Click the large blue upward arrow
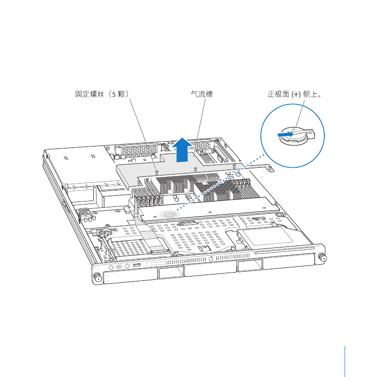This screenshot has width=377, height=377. (x=182, y=150)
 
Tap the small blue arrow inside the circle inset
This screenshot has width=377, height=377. (x=285, y=134)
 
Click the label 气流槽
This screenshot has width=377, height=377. (x=202, y=94)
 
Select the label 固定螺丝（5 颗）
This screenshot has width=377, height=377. (x=102, y=94)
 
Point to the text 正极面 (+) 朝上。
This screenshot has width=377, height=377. (x=294, y=94)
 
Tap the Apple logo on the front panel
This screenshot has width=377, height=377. (x=211, y=259)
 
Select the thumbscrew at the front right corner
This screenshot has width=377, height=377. (x=322, y=257)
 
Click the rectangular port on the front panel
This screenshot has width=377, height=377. (x=137, y=265)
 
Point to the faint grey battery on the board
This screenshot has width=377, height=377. (x=170, y=214)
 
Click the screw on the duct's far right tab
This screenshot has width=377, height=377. (x=270, y=167)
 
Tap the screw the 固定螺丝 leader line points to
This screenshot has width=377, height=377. (x=157, y=172)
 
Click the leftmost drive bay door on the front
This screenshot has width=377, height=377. (x=130, y=276)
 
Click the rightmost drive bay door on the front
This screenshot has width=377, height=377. (x=289, y=261)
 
